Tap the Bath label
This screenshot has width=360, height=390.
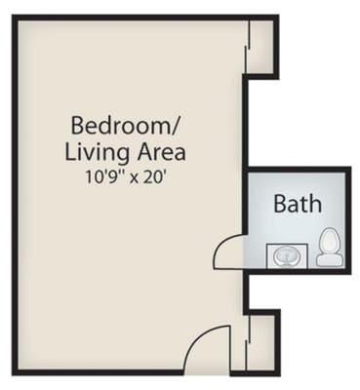[x=297, y=205]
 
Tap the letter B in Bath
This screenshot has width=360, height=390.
[x=279, y=205]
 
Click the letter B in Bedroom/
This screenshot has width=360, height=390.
[x=78, y=126]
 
